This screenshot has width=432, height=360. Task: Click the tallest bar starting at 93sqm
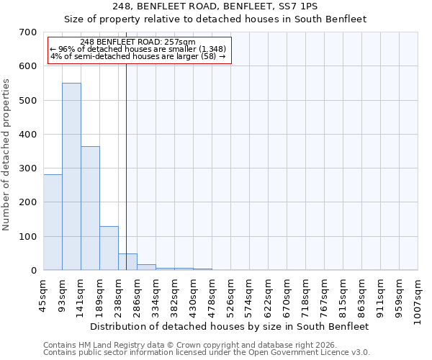point(71,176)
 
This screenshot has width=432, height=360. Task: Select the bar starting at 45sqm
point(53,222)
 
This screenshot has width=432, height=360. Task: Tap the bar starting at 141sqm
point(90,208)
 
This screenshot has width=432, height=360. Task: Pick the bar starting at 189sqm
point(109,248)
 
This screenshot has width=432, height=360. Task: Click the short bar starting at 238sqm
point(127,262)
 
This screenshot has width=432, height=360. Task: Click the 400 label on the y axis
point(28,135)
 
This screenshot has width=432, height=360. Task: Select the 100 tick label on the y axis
point(28,237)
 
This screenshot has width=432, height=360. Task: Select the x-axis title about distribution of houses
point(229,326)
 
